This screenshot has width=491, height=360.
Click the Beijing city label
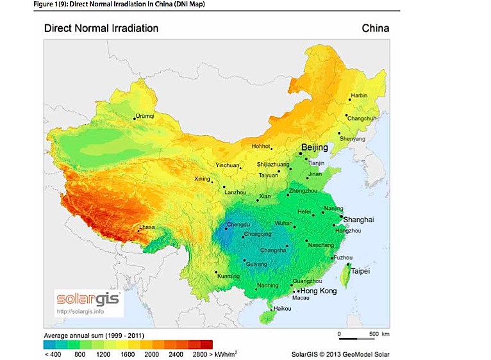click(314, 147)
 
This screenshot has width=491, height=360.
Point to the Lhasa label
click(147, 227)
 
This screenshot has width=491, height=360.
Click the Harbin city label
click(360, 95)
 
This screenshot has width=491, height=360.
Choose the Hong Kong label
click(319, 291)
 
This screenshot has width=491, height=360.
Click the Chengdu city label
click(238, 224)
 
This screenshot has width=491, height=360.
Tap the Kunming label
click(229, 276)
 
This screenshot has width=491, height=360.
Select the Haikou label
click(282, 309)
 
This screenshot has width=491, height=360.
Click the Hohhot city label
click(261, 147)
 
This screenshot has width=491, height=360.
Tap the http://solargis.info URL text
click(80, 312)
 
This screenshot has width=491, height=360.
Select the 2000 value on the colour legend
click(151, 354)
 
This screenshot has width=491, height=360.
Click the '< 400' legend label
click(51, 354)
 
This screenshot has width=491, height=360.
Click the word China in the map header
click(375, 28)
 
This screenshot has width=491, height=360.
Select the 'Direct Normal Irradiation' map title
click(101, 28)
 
